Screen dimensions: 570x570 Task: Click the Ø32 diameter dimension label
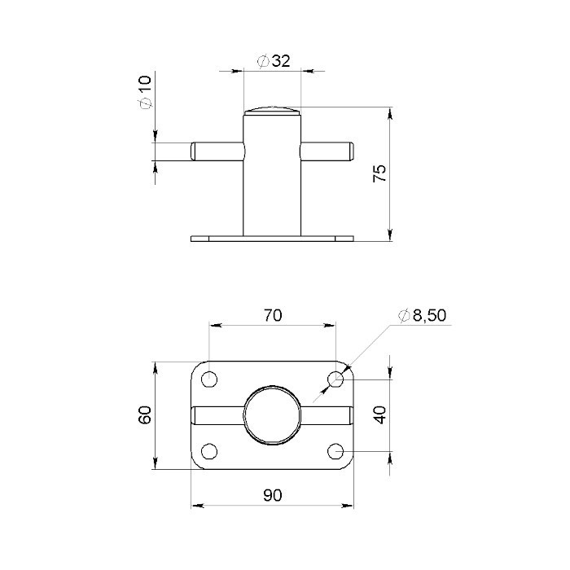click(274, 61)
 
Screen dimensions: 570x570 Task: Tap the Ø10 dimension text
click(145, 91)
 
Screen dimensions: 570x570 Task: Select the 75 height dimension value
click(379, 173)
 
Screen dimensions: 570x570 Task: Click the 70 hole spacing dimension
click(273, 315)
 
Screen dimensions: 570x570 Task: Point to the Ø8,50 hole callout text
click(422, 315)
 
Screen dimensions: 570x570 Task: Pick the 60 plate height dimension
click(145, 414)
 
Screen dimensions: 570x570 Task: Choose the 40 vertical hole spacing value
click(380, 414)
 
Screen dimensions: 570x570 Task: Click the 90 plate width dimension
click(273, 495)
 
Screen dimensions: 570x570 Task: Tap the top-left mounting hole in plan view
click(209, 379)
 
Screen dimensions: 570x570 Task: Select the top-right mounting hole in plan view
click(335, 379)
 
